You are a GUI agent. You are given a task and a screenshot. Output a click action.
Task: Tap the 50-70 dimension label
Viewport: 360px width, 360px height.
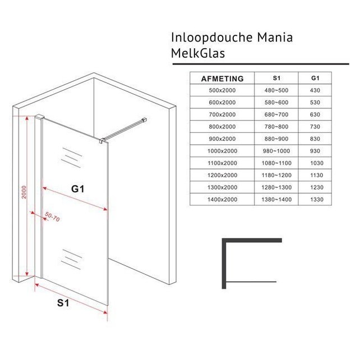pyautogui.click(x=53, y=216)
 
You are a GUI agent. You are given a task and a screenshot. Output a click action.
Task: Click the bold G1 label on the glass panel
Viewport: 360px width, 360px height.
pyautogui.click(x=78, y=190)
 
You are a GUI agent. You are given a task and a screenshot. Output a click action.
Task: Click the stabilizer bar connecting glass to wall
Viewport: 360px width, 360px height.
pyautogui.click(x=124, y=129)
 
